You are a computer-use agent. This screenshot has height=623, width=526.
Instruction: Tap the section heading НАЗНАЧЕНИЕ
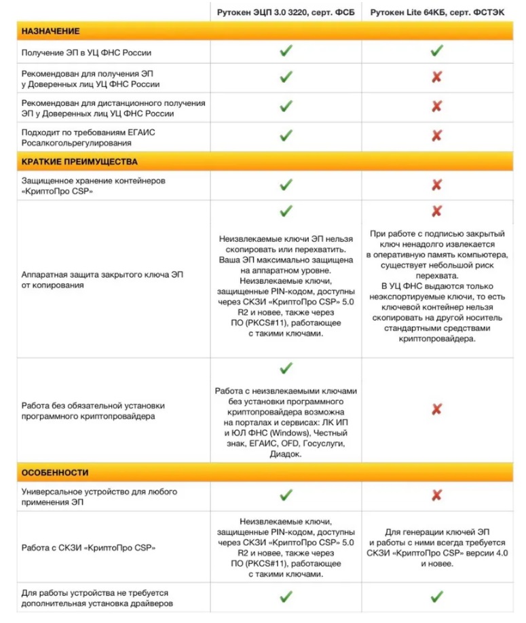click(51, 31)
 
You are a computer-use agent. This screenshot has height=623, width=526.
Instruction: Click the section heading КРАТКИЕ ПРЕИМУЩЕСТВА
click(79, 162)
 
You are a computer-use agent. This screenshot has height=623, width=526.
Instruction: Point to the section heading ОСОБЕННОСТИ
click(55, 472)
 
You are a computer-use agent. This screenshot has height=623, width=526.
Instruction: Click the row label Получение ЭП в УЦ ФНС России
click(86, 52)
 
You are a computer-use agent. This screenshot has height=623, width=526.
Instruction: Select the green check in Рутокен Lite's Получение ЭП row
click(436, 51)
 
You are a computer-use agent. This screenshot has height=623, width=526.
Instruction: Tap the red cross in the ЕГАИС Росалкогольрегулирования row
click(436, 136)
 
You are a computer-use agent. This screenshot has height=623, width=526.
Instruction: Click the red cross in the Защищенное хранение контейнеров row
click(436, 185)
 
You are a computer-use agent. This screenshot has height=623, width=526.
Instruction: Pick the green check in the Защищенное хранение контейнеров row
click(286, 185)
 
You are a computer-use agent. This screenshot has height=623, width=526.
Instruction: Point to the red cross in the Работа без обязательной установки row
click(436, 409)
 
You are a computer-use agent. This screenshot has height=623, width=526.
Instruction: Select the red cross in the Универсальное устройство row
click(436, 495)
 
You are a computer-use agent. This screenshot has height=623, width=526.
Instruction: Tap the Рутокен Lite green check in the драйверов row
click(436, 597)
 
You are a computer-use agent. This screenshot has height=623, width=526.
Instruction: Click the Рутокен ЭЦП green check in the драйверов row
click(286, 597)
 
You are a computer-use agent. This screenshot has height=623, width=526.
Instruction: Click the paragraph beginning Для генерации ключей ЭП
click(437, 547)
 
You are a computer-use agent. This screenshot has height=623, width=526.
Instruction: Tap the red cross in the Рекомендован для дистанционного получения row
click(436, 107)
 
